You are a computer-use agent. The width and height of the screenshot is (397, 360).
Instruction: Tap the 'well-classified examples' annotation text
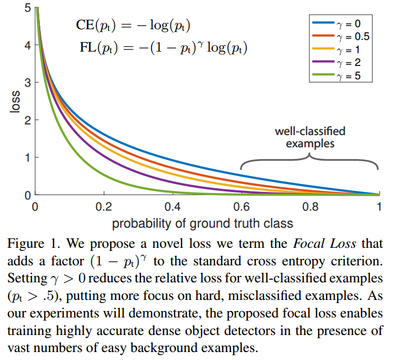[x=310, y=137]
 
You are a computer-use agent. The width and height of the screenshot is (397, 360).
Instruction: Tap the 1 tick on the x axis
[x=379, y=206]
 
